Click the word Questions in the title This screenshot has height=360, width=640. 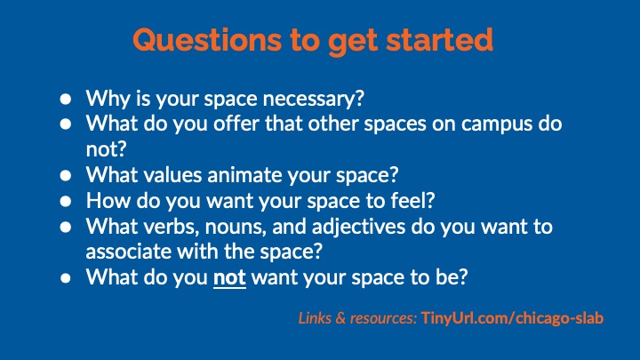[x=207, y=40]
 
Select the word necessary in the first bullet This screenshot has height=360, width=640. [x=313, y=100]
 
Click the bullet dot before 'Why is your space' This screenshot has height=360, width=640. [x=65, y=100]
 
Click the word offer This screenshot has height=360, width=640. [x=236, y=124]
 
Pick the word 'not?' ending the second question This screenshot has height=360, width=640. [x=106, y=149]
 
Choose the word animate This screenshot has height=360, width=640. [x=245, y=175]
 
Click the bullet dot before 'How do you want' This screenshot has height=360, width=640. [x=65, y=201]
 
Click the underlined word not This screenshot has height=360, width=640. [x=229, y=278]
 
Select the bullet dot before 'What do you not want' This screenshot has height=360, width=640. [x=65, y=278]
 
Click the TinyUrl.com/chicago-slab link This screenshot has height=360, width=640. [x=512, y=318]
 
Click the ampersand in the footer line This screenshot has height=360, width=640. [x=340, y=318]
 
